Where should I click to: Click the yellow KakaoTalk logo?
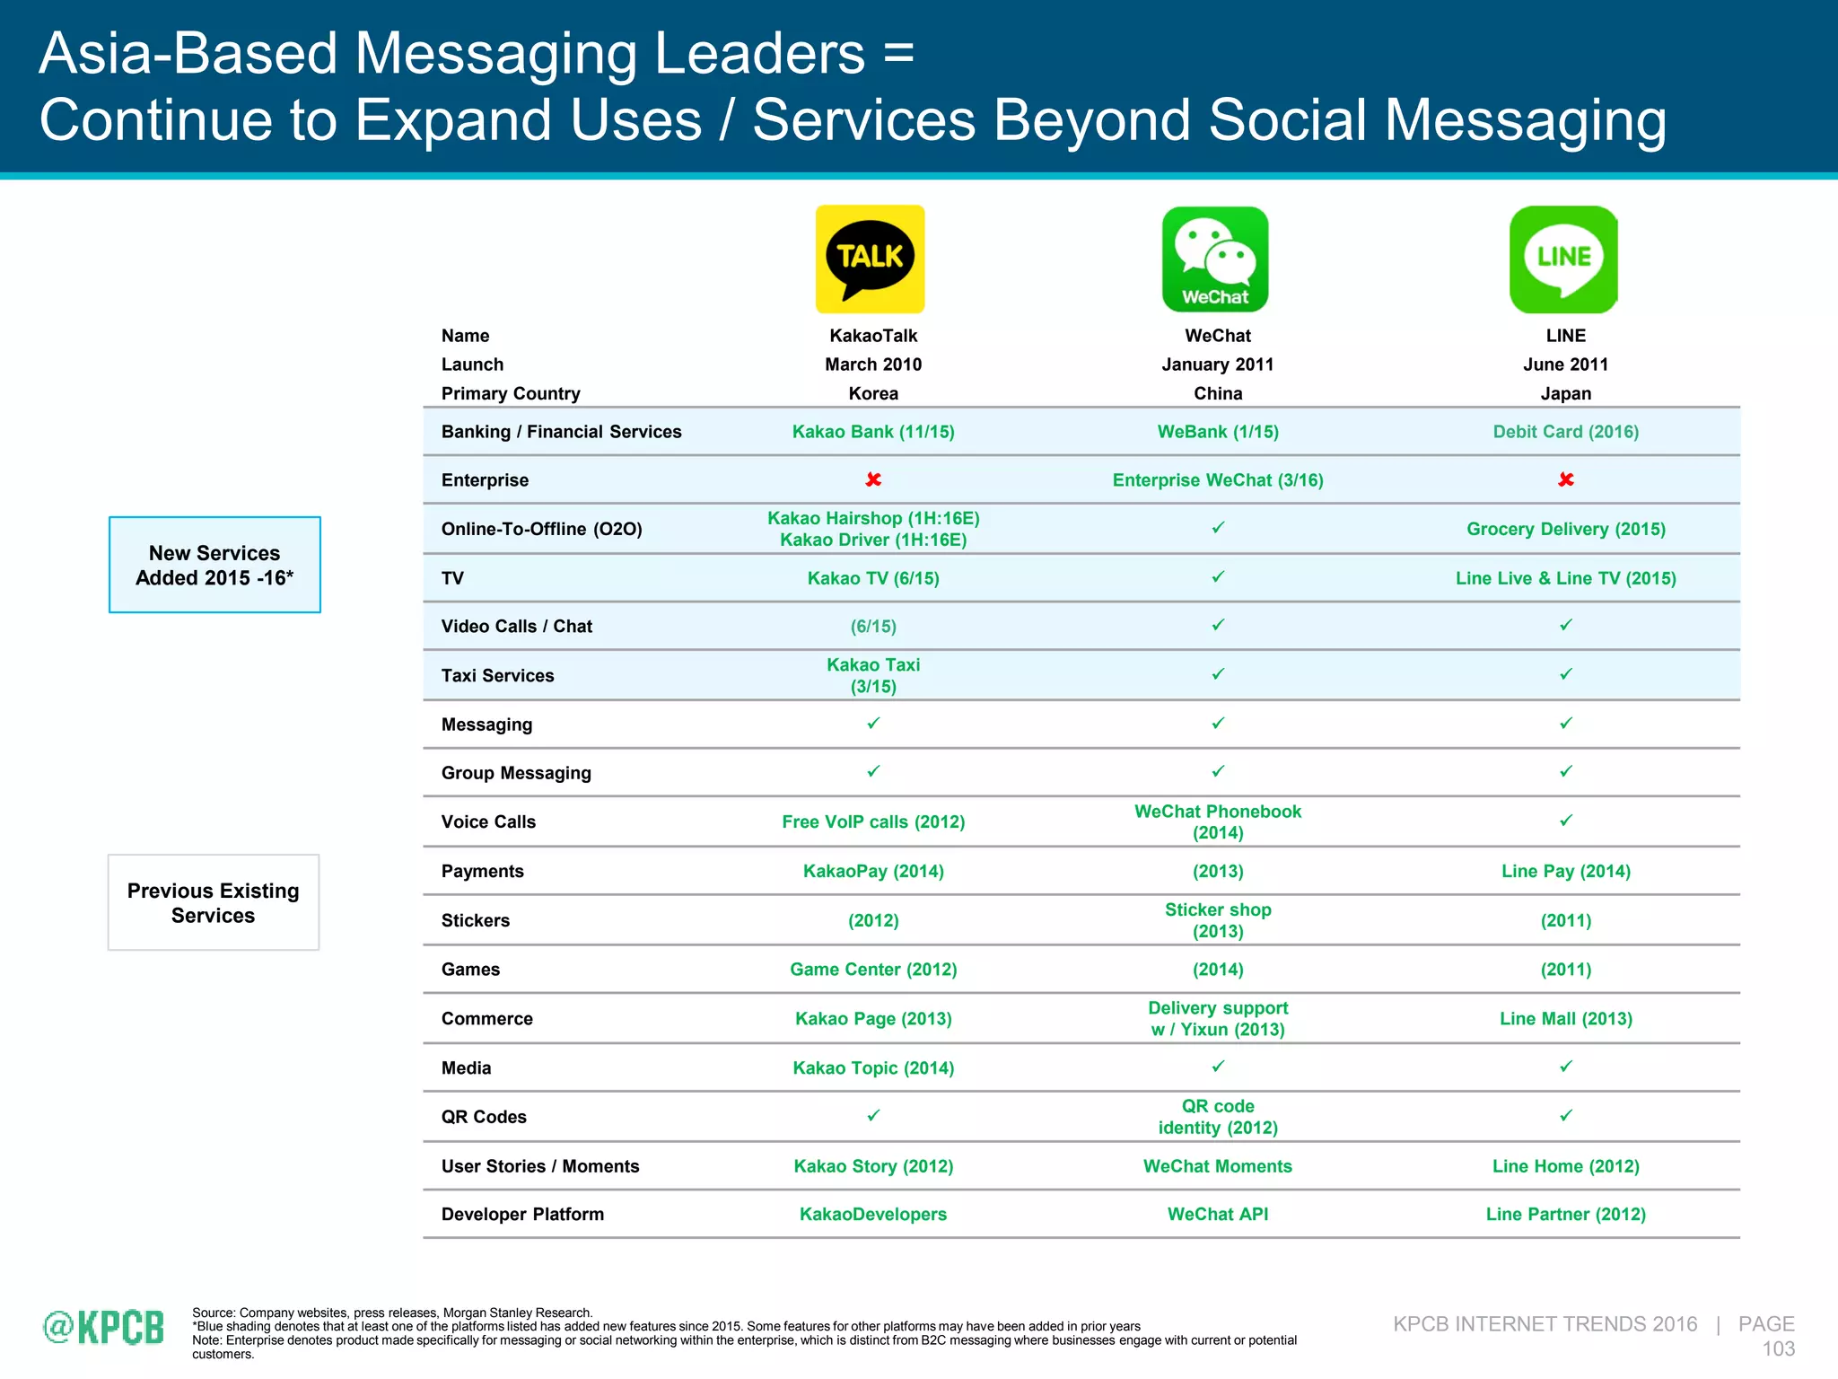point(870,259)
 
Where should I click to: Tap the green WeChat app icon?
point(1215,259)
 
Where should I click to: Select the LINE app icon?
point(1563,259)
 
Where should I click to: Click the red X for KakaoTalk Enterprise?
point(873,479)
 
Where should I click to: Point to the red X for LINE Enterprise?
point(1566,479)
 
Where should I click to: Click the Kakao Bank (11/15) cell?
point(873,432)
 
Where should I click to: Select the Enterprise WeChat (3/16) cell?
point(1218,480)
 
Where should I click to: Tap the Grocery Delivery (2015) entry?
point(1566,529)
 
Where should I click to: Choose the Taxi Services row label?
point(497,675)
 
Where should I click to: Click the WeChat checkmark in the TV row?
point(1218,577)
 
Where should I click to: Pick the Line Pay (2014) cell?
point(1566,871)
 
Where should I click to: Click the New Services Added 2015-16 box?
point(214,565)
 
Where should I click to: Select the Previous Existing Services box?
point(214,902)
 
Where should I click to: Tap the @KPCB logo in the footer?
point(104,1327)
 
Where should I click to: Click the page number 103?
point(1778,1348)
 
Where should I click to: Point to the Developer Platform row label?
point(522,1214)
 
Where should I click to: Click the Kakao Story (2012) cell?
point(873,1166)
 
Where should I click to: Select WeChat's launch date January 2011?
point(1218,365)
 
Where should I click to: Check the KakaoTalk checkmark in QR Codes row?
point(873,1115)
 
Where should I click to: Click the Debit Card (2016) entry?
point(1566,432)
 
